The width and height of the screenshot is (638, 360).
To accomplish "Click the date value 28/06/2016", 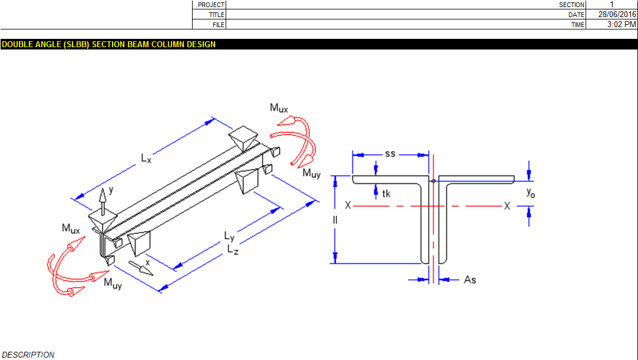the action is (617, 14).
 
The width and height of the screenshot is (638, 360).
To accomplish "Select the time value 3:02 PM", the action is (622, 24).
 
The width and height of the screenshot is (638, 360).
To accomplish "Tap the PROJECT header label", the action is (211, 5).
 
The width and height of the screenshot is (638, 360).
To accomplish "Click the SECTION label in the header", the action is (571, 5).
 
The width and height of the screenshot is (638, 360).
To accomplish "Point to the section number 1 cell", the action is (611, 5).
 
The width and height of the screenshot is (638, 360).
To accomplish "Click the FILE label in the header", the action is (219, 25).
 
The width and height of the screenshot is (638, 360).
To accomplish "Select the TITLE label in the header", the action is (216, 15).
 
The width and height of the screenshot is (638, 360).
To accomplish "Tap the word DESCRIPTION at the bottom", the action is (28, 355).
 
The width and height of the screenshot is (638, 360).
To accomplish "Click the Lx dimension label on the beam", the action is (146, 158).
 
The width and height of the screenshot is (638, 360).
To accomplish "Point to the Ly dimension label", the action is (230, 236).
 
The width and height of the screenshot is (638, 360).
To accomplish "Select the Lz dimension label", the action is (233, 249).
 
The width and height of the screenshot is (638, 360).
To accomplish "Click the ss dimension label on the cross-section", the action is (390, 154).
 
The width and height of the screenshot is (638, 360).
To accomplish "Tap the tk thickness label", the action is (386, 194).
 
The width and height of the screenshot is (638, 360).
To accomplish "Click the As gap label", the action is (470, 280).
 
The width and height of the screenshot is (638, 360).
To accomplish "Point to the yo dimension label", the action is (531, 193).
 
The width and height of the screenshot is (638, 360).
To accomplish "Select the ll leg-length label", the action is (335, 220).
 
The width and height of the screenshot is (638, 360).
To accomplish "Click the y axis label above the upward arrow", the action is (111, 190).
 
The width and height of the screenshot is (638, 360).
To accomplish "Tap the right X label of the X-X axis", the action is (507, 206).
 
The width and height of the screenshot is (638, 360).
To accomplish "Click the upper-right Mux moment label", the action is (279, 108).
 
